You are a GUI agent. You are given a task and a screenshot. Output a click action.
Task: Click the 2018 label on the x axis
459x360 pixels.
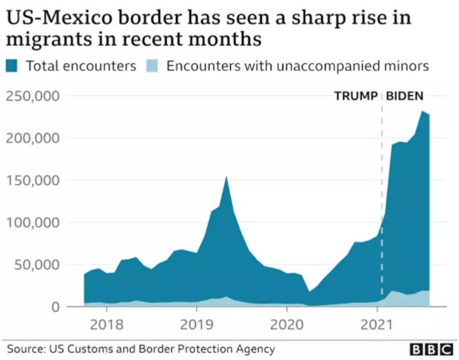point(107,324)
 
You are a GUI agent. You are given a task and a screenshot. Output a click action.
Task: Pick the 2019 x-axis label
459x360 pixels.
point(197,324)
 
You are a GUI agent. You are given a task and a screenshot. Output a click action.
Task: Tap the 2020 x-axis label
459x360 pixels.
point(287,324)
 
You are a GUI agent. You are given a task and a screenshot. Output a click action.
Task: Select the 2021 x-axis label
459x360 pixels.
point(377,324)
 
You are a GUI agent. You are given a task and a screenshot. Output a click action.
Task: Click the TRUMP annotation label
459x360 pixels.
point(355,96)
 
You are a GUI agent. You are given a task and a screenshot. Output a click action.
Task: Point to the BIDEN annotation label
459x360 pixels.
point(405,96)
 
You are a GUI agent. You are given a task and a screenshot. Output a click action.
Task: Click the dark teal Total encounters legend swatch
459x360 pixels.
point(13,67)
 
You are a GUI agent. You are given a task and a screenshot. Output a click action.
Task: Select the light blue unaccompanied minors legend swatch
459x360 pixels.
point(153,67)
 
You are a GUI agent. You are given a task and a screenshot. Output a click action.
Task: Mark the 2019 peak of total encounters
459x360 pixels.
point(226,177)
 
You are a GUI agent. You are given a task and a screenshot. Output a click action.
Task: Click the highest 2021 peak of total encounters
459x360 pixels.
point(423,111)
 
